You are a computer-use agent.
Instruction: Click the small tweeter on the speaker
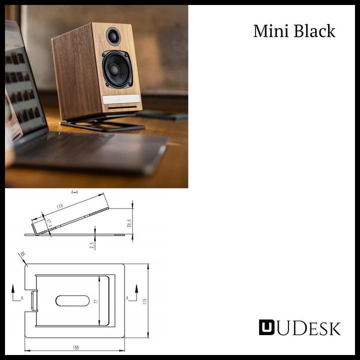113,36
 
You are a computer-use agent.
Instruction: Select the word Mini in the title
270,31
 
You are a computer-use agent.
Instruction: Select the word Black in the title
314,31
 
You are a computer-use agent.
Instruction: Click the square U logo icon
266,327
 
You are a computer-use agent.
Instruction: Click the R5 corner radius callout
21,254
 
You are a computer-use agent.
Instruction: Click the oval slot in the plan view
72,300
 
